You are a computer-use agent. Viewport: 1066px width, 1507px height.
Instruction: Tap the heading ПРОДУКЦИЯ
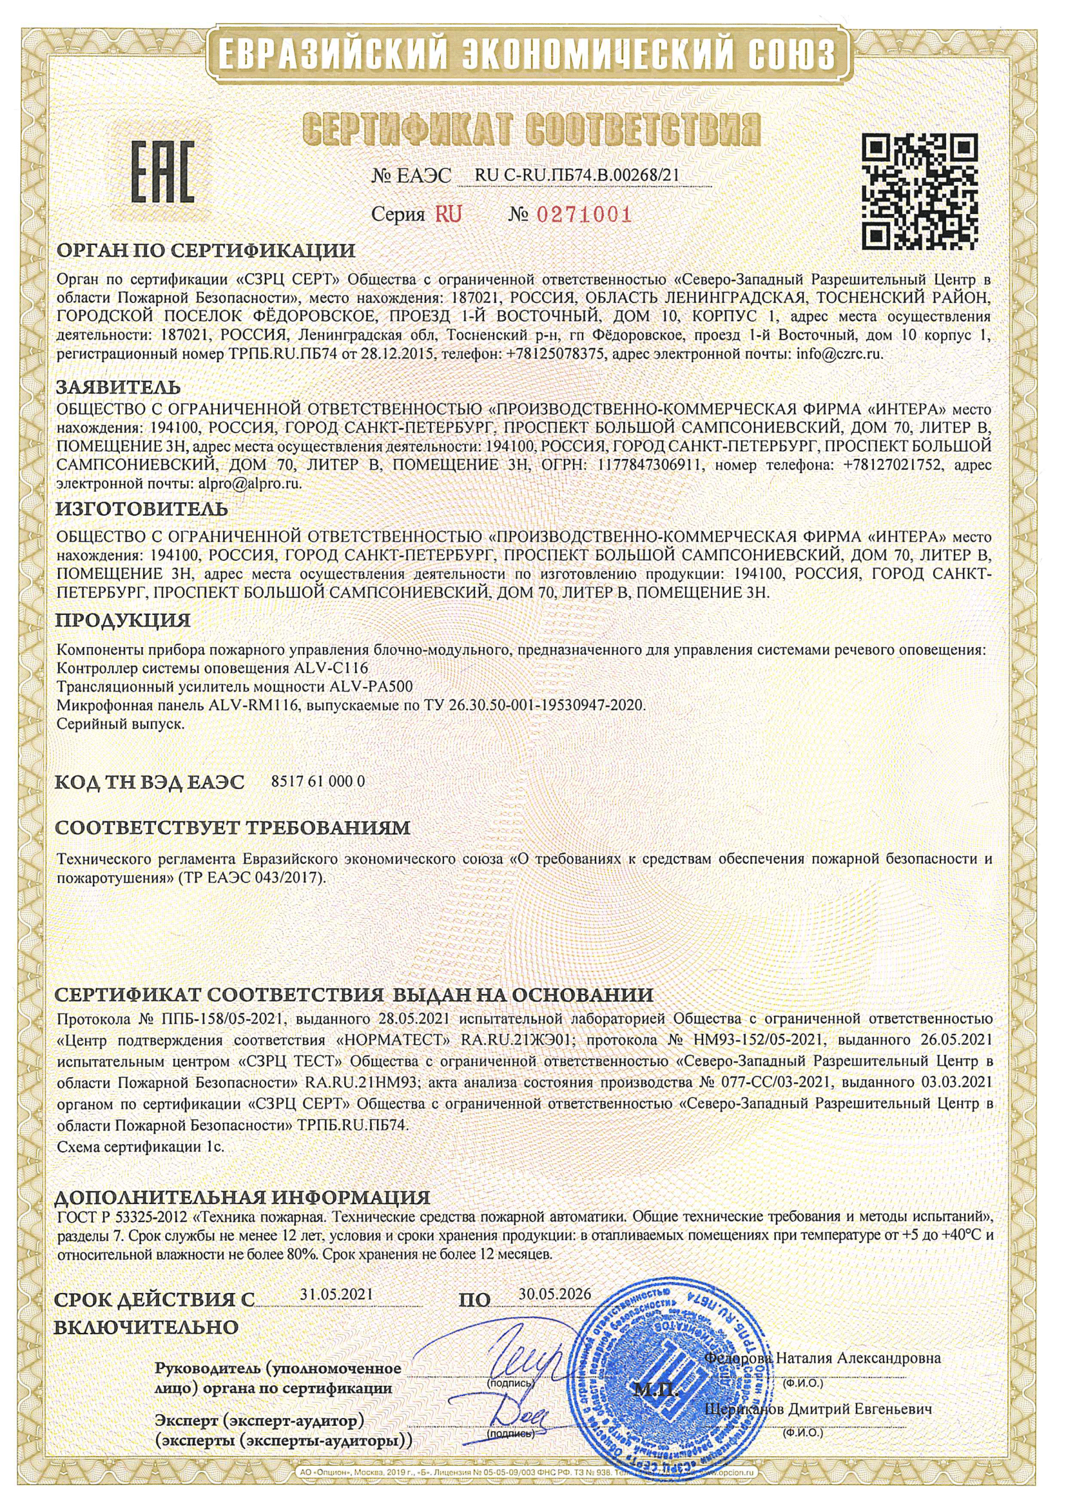124,620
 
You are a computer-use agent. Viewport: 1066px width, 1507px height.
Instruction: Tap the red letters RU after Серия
447,214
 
